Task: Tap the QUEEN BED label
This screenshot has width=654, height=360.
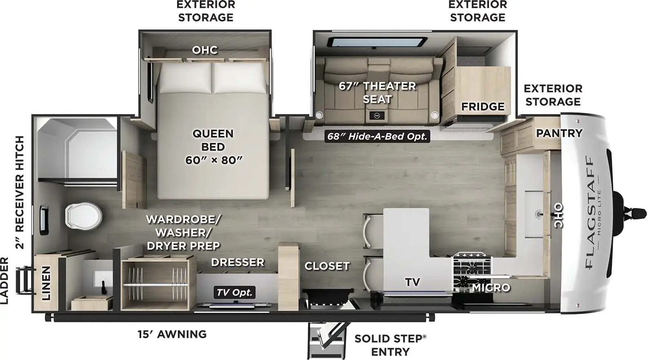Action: click(x=213, y=140)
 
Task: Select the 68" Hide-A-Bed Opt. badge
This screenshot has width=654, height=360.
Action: click(x=377, y=136)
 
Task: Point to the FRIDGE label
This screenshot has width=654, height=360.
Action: click(x=483, y=106)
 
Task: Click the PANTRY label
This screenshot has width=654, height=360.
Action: click(x=559, y=133)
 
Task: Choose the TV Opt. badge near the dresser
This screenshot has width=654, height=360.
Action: click(x=235, y=292)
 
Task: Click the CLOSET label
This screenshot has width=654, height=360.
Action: click(x=327, y=266)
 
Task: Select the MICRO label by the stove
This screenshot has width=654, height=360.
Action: click(x=491, y=288)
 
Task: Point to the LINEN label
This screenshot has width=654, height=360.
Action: click(x=46, y=283)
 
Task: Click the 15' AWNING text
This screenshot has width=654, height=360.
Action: click(x=172, y=334)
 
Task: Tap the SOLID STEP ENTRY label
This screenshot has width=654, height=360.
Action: click(x=390, y=345)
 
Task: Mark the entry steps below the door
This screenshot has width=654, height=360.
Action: click(x=327, y=340)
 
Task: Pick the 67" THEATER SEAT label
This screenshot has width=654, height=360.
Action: click(x=377, y=93)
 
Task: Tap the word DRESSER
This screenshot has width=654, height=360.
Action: click(x=237, y=262)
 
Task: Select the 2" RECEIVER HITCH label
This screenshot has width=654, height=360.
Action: click(x=20, y=192)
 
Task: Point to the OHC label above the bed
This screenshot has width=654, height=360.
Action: click(x=205, y=50)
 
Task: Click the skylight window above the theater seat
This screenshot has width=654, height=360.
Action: click(x=377, y=42)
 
